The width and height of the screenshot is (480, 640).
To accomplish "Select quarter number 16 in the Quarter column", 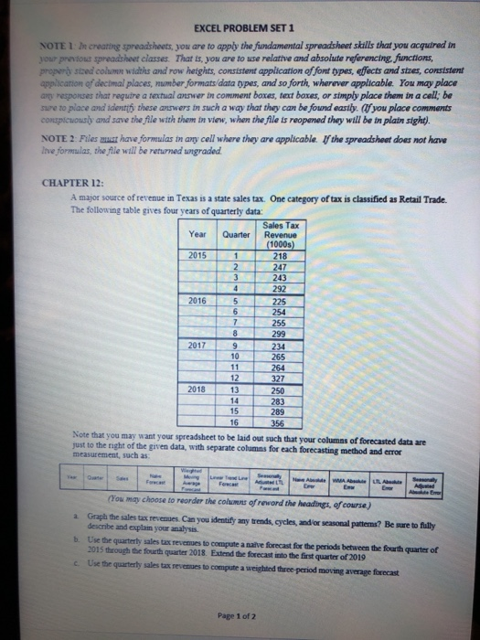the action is pyautogui.click(x=235, y=422).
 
